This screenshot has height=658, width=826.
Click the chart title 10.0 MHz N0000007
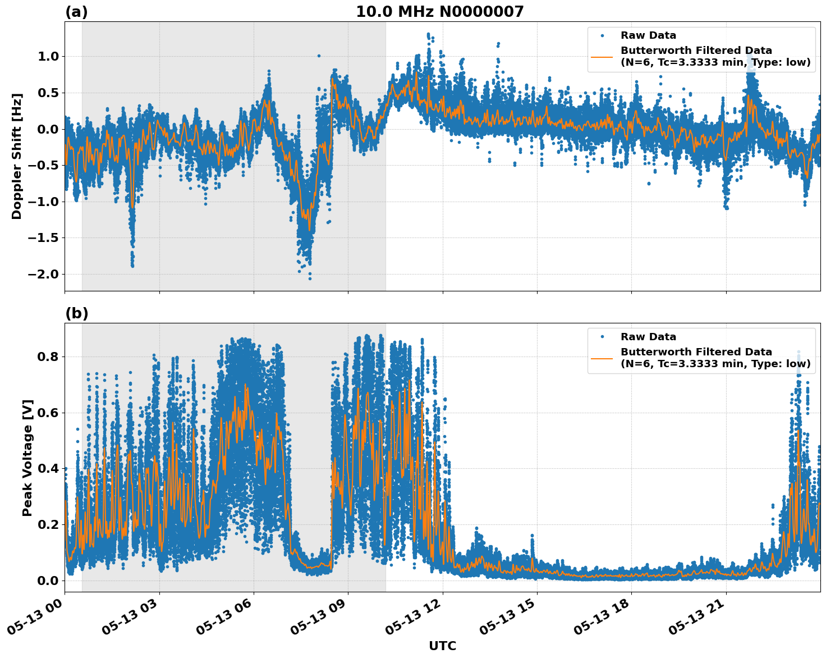pyautogui.click(x=439, y=12)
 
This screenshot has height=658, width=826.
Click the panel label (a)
pyautogui.click(x=76, y=12)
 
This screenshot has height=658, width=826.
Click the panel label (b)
pyautogui.click(x=76, y=313)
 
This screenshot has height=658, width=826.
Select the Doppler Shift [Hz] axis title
pyautogui.click(x=17, y=156)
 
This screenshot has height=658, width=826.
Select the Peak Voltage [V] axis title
pyautogui.click(x=27, y=458)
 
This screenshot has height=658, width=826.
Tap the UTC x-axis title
pyautogui.click(x=442, y=646)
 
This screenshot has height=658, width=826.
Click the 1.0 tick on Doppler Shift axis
pyautogui.click(x=48, y=56)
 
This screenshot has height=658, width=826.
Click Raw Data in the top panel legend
pyautogui.click(x=648, y=35)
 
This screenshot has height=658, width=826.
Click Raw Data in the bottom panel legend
pyautogui.click(x=648, y=337)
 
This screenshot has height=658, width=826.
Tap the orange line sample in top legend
pyautogui.click(x=602, y=56)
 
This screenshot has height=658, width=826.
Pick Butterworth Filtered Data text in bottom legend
pyautogui.click(x=696, y=352)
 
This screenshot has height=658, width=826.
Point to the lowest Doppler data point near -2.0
pyautogui.click(x=310, y=278)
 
